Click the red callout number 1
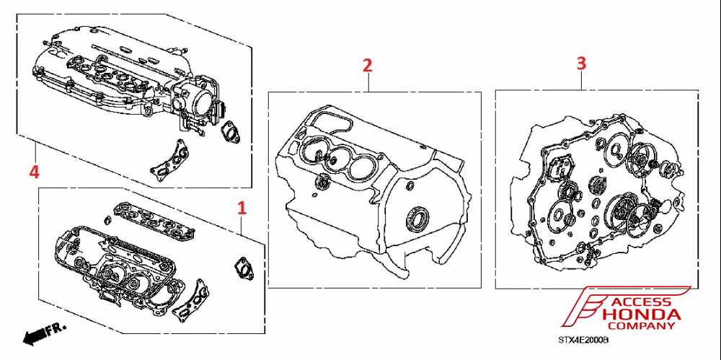pos(242,208)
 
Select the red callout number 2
pos(367,65)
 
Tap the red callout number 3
pos(581,63)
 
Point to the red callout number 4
pos(32,171)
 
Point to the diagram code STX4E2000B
pos(583,339)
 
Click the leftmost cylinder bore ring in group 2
pos(311,152)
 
